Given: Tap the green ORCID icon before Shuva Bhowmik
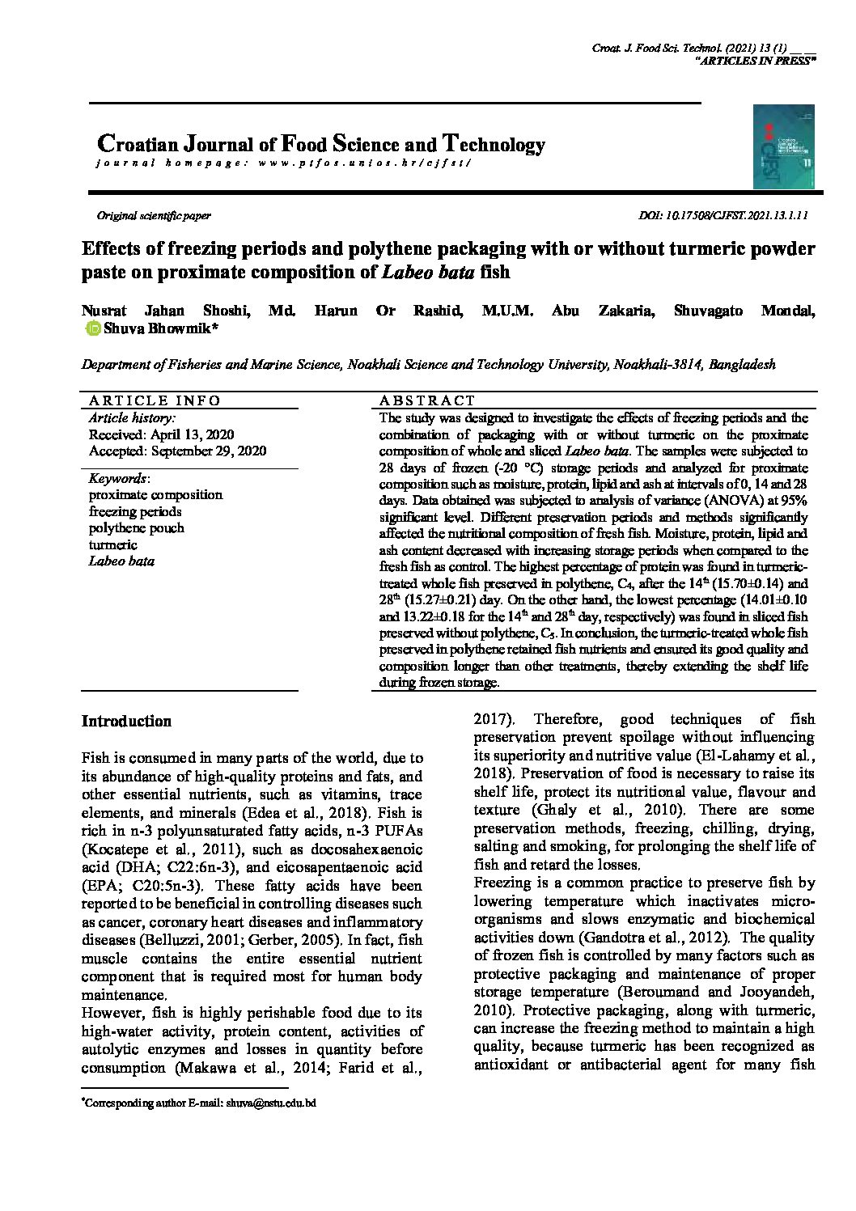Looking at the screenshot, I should coord(93,328).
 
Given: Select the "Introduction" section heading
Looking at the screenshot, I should coord(126,722).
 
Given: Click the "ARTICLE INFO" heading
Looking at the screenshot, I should coord(154,400).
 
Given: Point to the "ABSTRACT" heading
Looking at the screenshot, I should coord(427,400).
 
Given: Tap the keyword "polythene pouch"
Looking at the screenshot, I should coord(136,528).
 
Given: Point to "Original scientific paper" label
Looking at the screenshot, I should coord(154,216).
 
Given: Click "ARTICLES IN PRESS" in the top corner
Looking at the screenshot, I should coord(756,61).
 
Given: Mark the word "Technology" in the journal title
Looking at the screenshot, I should coord(493,145).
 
